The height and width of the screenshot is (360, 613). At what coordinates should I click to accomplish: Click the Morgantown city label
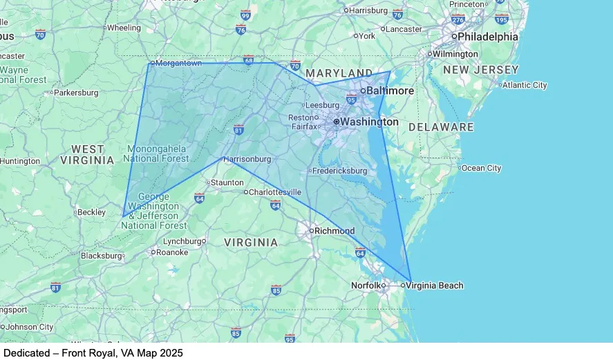[x=178, y=63]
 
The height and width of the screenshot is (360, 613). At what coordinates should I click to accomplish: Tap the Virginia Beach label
[x=435, y=285]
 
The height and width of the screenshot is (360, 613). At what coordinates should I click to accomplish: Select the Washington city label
[x=370, y=122]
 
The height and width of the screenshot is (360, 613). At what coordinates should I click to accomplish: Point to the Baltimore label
[x=390, y=91]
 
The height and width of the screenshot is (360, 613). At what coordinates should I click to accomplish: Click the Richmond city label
[x=334, y=231]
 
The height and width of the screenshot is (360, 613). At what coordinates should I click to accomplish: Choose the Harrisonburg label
[x=247, y=159]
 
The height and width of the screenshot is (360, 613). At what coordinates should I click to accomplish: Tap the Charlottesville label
[x=275, y=191]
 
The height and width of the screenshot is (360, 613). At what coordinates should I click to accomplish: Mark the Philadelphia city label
[x=488, y=37]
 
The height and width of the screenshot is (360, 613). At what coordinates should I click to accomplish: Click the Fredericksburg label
[x=339, y=170]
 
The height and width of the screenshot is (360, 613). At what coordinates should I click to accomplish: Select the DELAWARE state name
[x=441, y=127]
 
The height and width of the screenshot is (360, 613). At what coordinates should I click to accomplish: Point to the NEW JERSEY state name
[x=481, y=70]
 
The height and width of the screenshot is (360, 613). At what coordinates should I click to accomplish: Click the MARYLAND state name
[x=339, y=73]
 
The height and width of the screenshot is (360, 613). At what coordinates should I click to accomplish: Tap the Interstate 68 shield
[x=249, y=59]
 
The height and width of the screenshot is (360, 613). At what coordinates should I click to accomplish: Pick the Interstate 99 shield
[x=245, y=14]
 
